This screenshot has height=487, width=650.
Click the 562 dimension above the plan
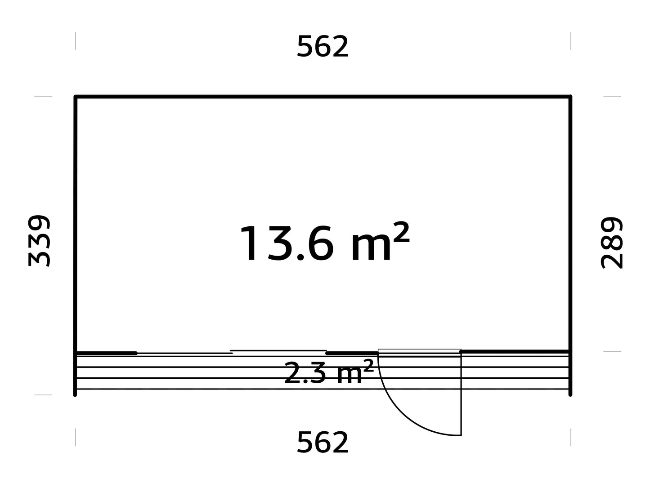tap(323, 46)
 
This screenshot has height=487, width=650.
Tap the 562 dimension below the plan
tap(323, 442)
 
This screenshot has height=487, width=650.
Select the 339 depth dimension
tap(39, 241)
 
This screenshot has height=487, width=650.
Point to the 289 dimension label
tap(612, 243)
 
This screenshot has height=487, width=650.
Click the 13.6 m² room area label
tap(325, 242)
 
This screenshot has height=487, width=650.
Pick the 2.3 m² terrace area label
tap(329, 372)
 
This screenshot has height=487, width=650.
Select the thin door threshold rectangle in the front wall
tap(419, 351)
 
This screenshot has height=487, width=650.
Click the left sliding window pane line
tap(185, 353)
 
